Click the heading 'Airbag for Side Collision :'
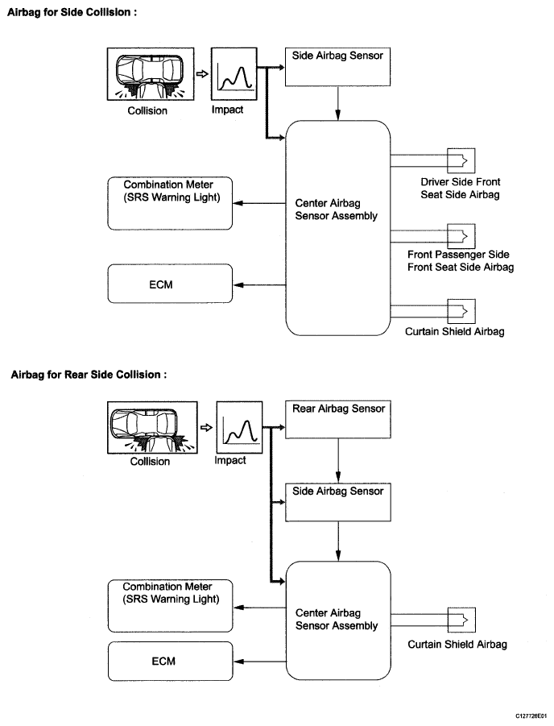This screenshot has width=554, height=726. (72, 13)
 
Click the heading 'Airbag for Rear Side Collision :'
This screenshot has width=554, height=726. (89, 375)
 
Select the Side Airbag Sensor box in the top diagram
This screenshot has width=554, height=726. (337, 67)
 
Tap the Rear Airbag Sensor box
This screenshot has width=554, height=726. (338, 420)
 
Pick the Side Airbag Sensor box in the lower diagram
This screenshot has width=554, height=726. (338, 502)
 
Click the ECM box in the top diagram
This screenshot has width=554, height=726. (170, 284)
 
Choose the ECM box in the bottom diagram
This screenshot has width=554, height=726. (171, 661)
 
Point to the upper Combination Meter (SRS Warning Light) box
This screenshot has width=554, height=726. (170, 203)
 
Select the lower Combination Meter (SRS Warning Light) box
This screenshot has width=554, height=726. (171, 606)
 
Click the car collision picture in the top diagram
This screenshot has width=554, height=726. (151, 73)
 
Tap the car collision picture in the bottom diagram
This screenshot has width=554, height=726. (152, 427)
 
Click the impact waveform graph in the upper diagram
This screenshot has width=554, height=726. (234, 73)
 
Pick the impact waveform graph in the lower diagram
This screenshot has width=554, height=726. (239, 427)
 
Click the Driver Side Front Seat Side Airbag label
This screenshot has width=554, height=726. (461, 188)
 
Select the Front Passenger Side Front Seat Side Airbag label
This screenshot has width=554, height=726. (461, 261)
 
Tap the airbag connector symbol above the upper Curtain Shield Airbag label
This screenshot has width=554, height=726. (461, 311)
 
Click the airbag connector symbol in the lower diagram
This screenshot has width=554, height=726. (461, 620)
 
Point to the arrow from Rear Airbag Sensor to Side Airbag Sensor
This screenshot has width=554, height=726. (338, 461)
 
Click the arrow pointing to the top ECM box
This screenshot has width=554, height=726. (259, 284)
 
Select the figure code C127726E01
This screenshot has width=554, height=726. (531, 716)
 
